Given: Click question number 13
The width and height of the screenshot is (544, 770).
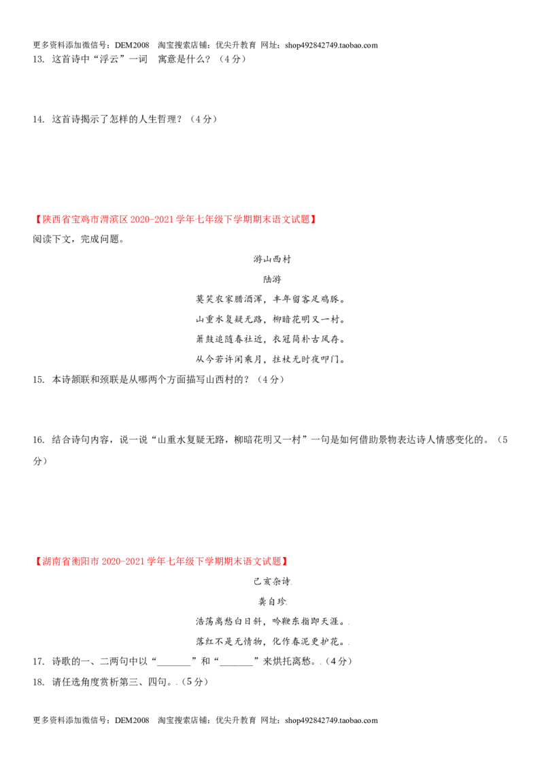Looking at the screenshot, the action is coord(38,59).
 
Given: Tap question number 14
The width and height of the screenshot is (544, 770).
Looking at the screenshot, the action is coord(38,119).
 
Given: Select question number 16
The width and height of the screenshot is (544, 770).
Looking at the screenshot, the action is coord(38,440).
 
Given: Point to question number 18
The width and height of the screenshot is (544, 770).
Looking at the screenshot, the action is coord(38,682).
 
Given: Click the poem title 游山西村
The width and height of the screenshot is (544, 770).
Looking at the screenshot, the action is coord(272,259).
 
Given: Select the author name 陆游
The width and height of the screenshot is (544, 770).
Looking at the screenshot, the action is coord(272,280).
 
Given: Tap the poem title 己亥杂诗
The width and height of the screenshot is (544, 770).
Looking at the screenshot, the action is coord(271,582).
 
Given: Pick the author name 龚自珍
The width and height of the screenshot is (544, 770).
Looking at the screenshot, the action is coord(272,601).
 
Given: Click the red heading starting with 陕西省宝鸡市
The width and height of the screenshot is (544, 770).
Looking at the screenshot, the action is coord(175,220).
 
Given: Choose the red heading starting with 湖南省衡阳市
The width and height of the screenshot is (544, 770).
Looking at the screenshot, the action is coord(160,561).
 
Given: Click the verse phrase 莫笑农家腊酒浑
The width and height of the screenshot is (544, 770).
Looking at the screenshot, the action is coord(229,299).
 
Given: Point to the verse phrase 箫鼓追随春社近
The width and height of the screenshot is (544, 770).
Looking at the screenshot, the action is coord(229,339).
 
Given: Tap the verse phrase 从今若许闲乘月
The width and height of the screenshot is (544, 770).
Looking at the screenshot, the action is coord(229,359).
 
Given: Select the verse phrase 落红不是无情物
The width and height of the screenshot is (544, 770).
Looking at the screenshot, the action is coord(229,642).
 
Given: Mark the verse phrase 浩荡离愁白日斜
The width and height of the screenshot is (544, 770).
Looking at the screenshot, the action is coord(229,622).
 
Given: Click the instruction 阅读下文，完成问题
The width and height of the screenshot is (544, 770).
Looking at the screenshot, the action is coord(78,239).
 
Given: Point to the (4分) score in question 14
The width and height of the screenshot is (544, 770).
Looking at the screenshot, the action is coord(203,119).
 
